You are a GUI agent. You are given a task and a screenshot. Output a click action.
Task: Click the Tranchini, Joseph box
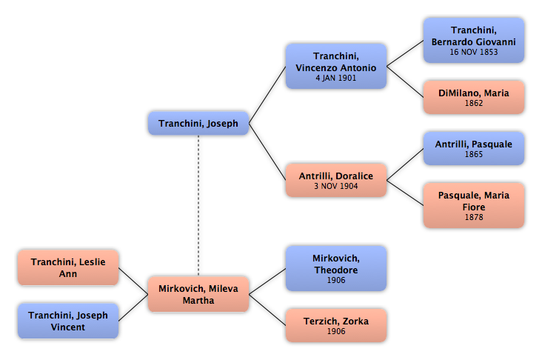pyautogui.click(x=198, y=123)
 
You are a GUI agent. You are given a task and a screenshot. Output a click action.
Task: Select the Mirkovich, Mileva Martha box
pyautogui.click(x=198, y=294)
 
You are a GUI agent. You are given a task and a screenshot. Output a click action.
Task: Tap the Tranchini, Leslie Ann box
pyautogui.click(x=68, y=267)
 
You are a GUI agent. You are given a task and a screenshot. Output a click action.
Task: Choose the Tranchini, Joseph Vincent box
pyautogui.click(x=68, y=321)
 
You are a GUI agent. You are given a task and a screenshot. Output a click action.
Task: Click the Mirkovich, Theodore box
pyautogui.click(x=336, y=268)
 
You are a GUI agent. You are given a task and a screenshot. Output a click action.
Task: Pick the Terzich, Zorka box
pyautogui.click(x=336, y=325)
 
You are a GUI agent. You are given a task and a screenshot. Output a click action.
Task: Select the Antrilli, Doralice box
pyautogui.click(x=336, y=180)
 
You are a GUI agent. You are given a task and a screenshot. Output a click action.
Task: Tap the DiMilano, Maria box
pyautogui.click(x=474, y=97)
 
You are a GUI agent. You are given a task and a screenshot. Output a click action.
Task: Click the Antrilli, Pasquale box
pyautogui.click(x=474, y=148)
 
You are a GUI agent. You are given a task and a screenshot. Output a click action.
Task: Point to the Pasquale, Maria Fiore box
pyautogui.click(x=474, y=205)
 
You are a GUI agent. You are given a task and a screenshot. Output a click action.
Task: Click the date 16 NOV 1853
pyautogui.click(x=474, y=52)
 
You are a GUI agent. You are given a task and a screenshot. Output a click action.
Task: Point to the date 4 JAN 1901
pyautogui.click(x=336, y=79)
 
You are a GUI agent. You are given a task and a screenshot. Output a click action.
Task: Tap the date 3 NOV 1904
pyautogui.click(x=336, y=186)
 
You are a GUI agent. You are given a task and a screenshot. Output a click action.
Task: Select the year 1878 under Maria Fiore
pyautogui.click(x=474, y=217)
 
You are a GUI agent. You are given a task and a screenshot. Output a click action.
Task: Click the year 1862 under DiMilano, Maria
pyautogui.click(x=474, y=103)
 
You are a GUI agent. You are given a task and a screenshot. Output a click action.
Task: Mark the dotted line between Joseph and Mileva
pyautogui.click(x=198, y=206)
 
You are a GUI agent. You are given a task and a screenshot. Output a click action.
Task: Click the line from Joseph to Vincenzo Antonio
pyautogui.click(x=267, y=95)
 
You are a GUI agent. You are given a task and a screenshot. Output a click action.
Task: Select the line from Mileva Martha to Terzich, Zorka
pyautogui.click(x=267, y=310)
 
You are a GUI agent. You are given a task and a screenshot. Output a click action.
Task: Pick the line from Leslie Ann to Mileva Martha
pyautogui.click(x=133, y=281)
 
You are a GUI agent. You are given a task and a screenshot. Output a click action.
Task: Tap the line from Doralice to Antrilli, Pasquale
pyautogui.click(x=405, y=164)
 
